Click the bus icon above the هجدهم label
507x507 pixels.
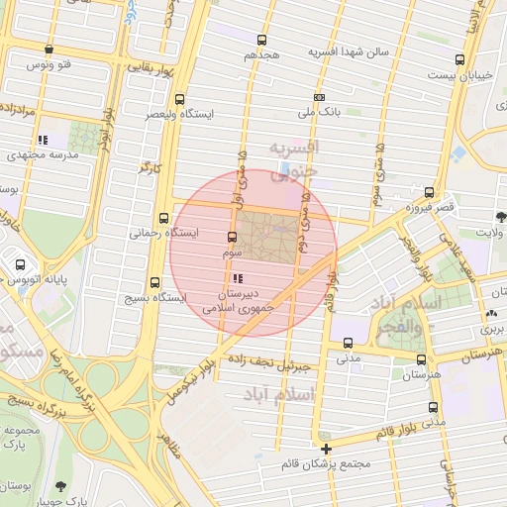260,40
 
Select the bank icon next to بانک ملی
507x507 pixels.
319,97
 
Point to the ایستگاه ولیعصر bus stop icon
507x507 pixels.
179,99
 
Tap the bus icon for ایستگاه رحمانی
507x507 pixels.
163,219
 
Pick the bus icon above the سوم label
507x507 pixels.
232,237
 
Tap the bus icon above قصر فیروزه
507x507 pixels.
428,192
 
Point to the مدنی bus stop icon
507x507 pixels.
347,343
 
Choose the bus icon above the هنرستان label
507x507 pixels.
422,359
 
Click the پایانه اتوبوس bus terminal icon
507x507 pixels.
21,264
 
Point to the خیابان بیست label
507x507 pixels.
457,74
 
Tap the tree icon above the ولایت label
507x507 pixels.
501,215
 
